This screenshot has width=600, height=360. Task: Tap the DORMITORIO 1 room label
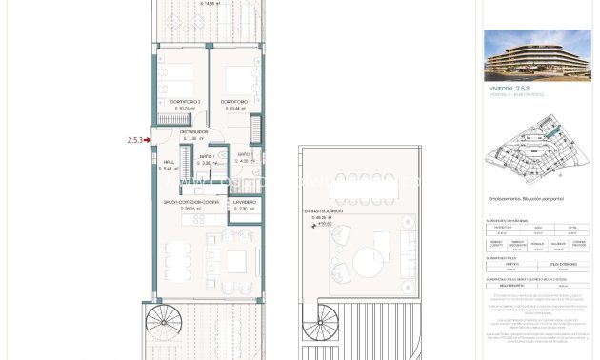point(235,102)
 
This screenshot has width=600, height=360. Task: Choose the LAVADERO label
point(243,202)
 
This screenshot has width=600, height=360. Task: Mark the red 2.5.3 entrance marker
point(137,140)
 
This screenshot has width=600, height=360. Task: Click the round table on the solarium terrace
point(368,264)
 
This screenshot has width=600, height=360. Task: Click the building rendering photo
point(536,54)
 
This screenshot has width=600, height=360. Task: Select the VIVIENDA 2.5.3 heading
point(505,89)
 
